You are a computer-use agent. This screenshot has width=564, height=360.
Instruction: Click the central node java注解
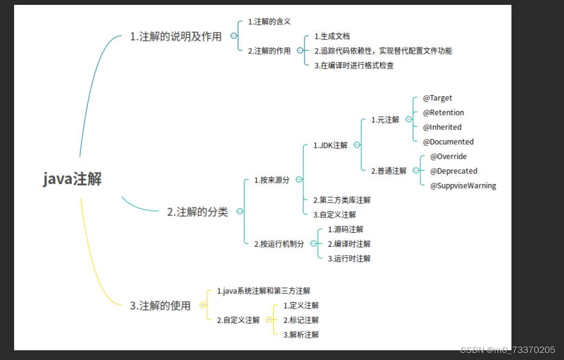[73, 179]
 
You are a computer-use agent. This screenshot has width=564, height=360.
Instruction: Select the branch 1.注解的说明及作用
[176, 37]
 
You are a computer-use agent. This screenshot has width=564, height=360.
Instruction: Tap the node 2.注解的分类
[197, 212]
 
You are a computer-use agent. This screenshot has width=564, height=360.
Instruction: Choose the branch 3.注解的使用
[160, 306]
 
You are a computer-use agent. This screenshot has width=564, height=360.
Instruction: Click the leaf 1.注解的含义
[269, 22]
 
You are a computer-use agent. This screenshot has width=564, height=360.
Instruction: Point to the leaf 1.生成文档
[332, 36]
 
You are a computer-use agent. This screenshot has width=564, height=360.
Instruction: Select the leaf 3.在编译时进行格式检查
[354, 66]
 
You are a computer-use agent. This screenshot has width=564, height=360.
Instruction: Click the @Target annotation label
[437, 98]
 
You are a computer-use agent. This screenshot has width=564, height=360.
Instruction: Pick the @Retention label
[443, 113]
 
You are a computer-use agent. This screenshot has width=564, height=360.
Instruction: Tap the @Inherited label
[442, 127]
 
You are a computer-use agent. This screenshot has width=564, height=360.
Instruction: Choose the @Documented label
[448, 142]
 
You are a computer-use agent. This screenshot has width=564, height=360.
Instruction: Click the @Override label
[448, 156]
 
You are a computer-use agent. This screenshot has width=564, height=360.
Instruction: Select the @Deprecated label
[453, 171]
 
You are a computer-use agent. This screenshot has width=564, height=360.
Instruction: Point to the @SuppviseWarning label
[463, 186]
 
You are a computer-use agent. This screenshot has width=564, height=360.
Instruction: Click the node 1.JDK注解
[330, 145]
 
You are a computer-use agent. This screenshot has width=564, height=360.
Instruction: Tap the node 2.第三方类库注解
[342, 200]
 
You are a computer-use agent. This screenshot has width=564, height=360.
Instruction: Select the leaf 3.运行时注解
[349, 259]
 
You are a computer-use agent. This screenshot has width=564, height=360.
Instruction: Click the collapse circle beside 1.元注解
[409, 120]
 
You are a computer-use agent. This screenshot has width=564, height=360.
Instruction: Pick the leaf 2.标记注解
[301, 320]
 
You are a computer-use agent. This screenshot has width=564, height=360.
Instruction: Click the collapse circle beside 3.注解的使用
[203, 305]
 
